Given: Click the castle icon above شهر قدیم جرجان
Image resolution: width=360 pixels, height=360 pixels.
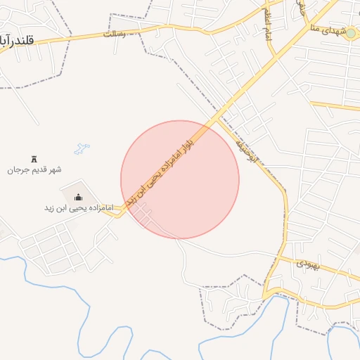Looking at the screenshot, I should (x=34, y=160).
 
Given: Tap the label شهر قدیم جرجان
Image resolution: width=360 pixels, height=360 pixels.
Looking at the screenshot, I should (x=35, y=170).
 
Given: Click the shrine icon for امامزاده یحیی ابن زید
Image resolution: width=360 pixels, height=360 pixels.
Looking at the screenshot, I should (x=78, y=197).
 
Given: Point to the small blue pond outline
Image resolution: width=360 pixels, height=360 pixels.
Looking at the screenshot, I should (x=82, y=149).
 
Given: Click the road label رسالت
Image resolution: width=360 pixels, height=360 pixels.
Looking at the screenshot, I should (x=114, y=34).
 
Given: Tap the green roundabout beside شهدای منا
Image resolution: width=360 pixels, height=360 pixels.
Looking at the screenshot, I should (x=349, y=32).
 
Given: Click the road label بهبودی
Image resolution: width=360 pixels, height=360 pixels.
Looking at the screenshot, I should (x=308, y=265).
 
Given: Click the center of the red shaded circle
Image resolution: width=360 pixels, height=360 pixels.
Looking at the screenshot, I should (x=180, y=179).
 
